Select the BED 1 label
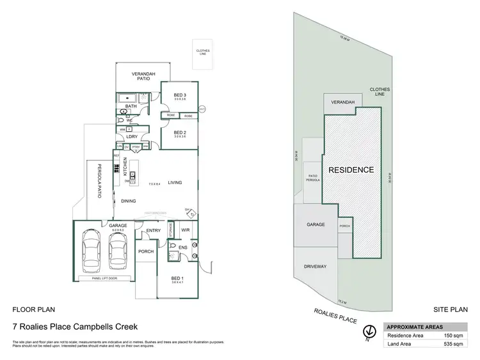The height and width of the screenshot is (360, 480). (x=177, y=278)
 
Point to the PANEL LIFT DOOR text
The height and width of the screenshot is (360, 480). (x=104, y=278)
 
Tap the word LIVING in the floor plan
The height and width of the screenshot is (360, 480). (x=175, y=183)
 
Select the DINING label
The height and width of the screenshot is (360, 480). (x=128, y=200)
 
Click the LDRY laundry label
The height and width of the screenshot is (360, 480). (x=132, y=136)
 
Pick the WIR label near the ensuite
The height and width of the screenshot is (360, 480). (x=186, y=230)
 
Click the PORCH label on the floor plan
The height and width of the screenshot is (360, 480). (x=146, y=251)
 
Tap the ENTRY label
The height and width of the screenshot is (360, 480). (x=154, y=230)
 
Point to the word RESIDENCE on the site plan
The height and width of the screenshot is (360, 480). (x=351, y=170)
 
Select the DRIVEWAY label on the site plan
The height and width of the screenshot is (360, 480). (x=316, y=267)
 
